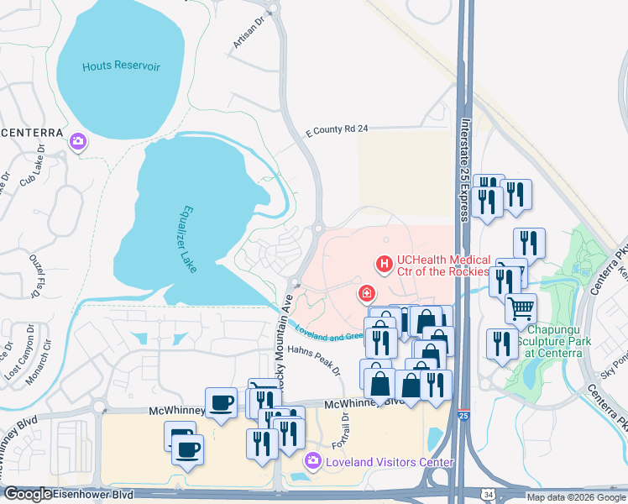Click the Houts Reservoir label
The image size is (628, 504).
121,66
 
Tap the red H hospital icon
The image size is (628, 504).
385,265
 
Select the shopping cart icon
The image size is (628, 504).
521,308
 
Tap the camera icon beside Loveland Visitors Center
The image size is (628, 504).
313,460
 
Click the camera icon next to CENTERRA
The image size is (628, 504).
78,141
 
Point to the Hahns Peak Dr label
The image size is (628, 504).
315,358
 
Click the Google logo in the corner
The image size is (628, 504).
28,494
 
